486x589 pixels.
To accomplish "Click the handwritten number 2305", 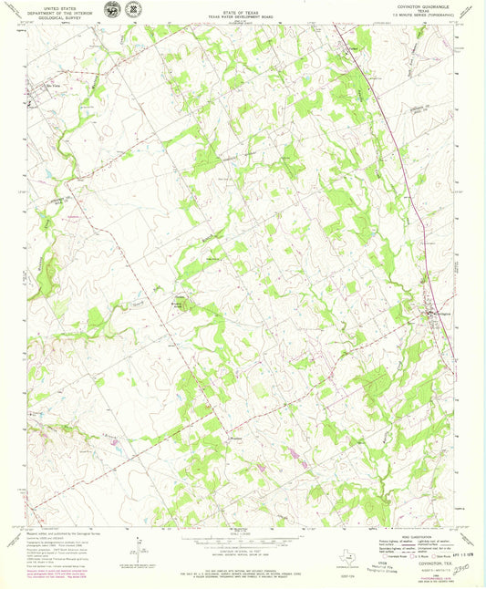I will (x=462, y=567).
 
